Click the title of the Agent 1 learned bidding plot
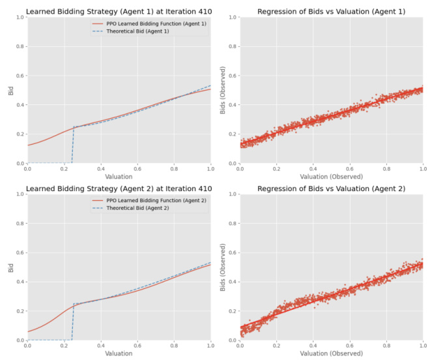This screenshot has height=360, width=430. pyautogui.click(x=119, y=10)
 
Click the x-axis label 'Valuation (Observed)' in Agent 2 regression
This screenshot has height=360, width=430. pyautogui.click(x=332, y=353)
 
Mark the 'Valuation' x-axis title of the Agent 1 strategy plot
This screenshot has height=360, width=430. pyautogui.click(x=119, y=176)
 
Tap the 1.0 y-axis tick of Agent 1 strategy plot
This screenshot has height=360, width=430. pyautogui.click(x=20, y=16)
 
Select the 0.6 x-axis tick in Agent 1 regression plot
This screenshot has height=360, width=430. pyautogui.click(x=350, y=168)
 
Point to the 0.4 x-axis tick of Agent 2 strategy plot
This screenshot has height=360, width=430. pyautogui.click(x=100, y=346)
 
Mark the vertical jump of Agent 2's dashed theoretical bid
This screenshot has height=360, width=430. pyautogui.click(x=72, y=322)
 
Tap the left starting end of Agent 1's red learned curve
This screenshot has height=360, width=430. pyautogui.click(x=28, y=145)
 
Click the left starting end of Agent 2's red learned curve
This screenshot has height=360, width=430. pyautogui.click(x=28, y=331)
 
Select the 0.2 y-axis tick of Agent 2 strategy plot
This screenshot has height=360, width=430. pyautogui.click(x=20, y=310)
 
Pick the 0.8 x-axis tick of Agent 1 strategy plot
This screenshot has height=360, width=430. pyautogui.click(x=173, y=168)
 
